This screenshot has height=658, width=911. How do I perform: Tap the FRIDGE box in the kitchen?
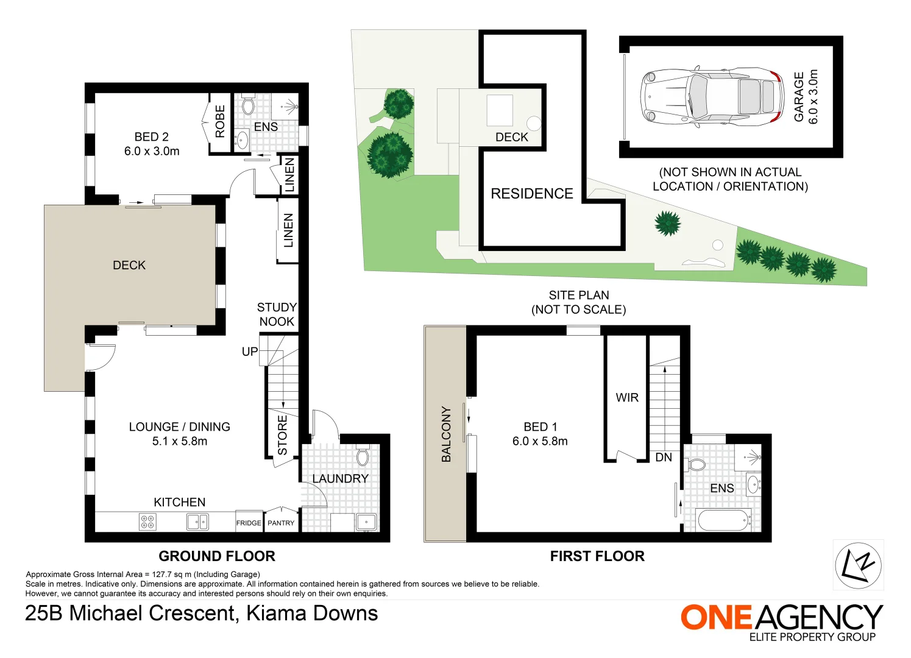pos(249,523)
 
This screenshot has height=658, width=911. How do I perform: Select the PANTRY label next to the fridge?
pos(281,523)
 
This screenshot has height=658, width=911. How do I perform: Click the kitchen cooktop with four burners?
pos(147,522)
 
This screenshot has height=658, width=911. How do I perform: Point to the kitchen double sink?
pos(197,522)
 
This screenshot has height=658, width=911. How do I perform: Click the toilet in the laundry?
pos(363,456)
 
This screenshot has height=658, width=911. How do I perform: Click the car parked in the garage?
pos(712,97)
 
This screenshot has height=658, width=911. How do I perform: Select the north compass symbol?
pos(858,565)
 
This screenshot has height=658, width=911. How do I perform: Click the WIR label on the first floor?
pos(627,398)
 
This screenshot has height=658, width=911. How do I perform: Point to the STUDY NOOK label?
pos(277,314)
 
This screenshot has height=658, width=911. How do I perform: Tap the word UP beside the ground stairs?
pos(250,352)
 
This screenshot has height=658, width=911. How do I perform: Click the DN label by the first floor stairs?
pos(664,457)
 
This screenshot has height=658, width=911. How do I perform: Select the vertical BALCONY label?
pos(446,434)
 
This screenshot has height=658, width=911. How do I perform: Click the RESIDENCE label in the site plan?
pos(531,194)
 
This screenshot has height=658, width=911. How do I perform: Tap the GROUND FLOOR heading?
pos(217,556)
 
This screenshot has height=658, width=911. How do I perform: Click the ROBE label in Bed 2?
pos(220,121)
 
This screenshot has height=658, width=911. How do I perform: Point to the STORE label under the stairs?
pos(283,435)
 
